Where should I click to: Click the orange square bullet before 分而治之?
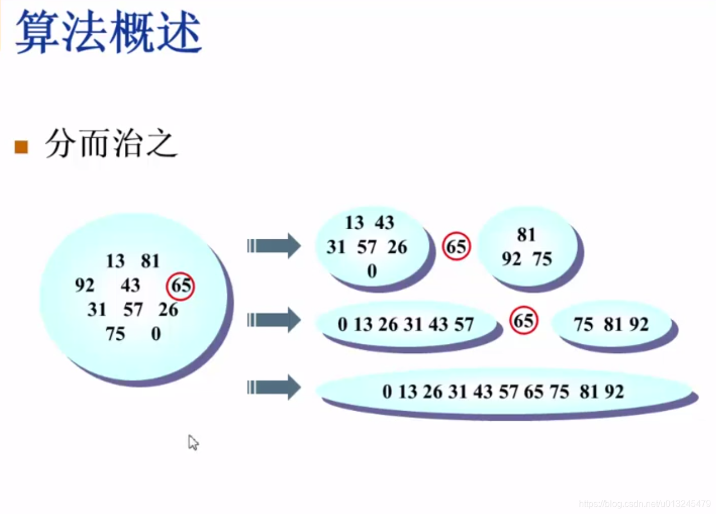[21, 147]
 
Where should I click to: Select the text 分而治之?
[111, 145]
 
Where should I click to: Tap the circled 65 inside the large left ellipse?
[180, 286]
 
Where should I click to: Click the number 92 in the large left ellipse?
[85, 286]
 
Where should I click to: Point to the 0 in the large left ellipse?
[156, 334]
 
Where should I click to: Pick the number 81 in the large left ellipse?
[151, 261]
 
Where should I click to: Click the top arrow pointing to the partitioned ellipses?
[274, 246]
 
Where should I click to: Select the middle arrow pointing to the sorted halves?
[274, 320]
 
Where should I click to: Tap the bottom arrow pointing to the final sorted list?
[274, 388]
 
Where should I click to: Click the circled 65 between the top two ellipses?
[456, 247]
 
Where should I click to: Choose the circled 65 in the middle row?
[523, 321]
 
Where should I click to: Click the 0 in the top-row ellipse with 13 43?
[372, 272]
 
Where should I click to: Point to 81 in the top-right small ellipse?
[527, 235]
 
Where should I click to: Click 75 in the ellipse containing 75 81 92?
[583, 325]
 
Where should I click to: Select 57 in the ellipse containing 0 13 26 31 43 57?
[464, 325]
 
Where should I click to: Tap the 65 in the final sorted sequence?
[533, 392]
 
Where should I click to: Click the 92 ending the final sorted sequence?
[614, 392]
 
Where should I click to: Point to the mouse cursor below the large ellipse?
[193, 442]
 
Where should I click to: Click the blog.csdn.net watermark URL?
[645, 504]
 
